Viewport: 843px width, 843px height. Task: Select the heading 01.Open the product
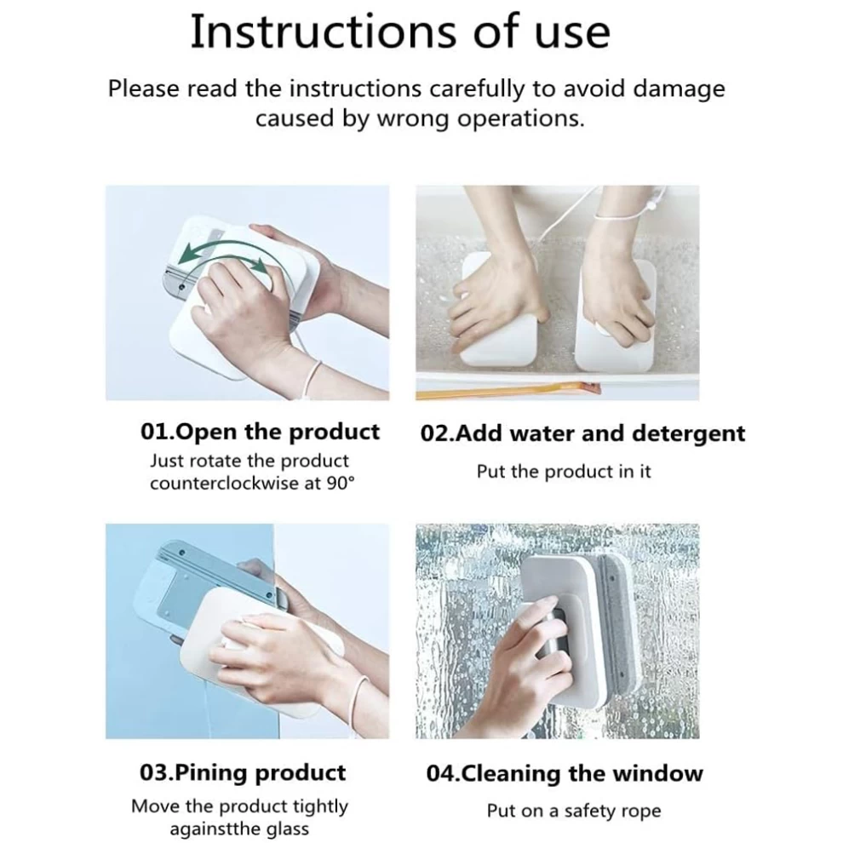pyautogui.click(x=261, y=433)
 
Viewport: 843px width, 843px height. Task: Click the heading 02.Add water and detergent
pyautogui.click(x=582, y=433)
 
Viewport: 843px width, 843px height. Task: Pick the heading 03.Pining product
pyautogui.click(x=243, y=773)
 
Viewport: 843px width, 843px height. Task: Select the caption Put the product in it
pyautogui.click(x=564, y=472)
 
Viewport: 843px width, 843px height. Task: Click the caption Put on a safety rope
pyautogui.click(x=574, y=811)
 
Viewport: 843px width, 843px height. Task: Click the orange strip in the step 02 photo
pyautogui.click(x=508, y=391)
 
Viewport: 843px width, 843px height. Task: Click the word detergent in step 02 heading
pyautogui.click(x=689, y=434)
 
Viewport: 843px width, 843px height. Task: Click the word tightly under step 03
pyautogui.click(x=320, y=807)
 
